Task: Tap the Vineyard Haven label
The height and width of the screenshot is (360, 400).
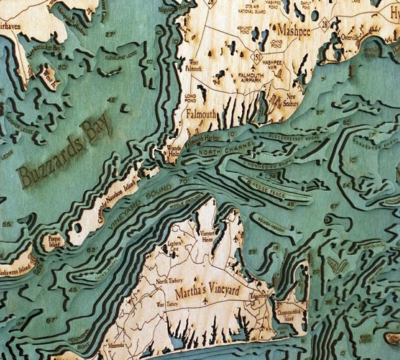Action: pos(207,237)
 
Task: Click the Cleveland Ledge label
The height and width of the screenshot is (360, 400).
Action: pos(125,56)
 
